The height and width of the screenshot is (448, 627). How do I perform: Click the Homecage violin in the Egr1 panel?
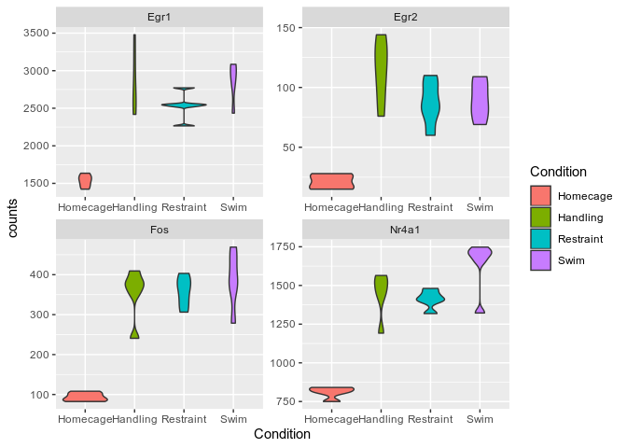85,180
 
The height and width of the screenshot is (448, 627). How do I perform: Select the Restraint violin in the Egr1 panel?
184,105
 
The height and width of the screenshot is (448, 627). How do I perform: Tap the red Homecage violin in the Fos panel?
85,396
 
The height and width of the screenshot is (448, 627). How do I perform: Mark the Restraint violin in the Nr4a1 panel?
430,300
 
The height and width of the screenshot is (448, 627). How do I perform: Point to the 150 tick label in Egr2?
286,28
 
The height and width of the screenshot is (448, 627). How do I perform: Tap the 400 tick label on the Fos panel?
40,274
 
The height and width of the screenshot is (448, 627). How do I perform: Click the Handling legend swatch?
540,217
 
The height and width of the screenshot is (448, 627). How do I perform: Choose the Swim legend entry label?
570,261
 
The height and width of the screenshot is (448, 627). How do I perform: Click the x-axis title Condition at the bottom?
282,434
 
